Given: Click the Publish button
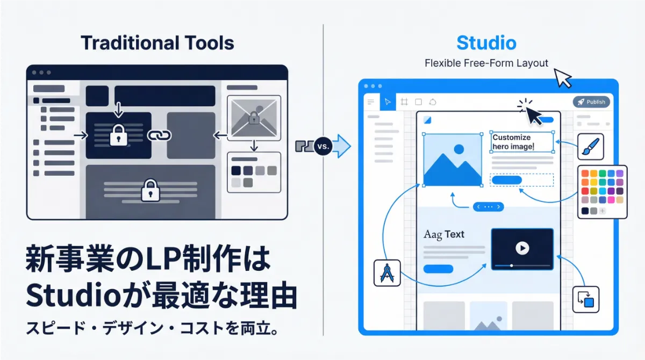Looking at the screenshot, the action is tap(591, 102).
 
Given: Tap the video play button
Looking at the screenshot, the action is tap(522, 248).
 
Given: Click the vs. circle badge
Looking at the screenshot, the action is tap(324, 146).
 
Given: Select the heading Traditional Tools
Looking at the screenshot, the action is tap(157, 43).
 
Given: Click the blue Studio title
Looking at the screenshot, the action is tap(486, 43).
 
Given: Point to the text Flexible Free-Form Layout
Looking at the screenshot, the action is tap(486, 63).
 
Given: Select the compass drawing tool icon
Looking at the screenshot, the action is tap(388, 273).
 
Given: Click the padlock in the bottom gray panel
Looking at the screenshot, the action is tap(149, 190).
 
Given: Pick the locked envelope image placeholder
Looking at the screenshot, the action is tap(254, 118).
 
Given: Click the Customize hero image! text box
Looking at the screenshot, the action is tap(522, 142).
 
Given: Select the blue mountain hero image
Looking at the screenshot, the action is tap(452, 160).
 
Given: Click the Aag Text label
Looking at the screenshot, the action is tap(444, 234).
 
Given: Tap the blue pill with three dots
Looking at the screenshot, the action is tap(488, 206).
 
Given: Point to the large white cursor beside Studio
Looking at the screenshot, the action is tap(562, 77).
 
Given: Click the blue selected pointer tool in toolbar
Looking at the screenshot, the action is tap(388, 102).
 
